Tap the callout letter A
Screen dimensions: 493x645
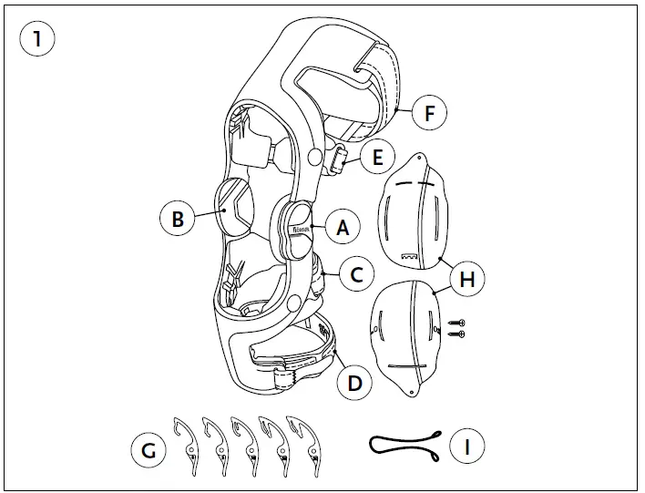click(343, 228)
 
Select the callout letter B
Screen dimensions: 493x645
click(178, 219)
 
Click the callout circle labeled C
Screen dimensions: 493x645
click(357, 272)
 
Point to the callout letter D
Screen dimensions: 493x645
click(354, 382)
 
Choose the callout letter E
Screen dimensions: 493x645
click(376, 157)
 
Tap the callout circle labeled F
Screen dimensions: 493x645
click(429, 114)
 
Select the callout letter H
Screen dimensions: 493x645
click(466, 279)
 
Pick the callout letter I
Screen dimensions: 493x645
click(466, 446)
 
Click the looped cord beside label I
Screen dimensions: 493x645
click(405, 444)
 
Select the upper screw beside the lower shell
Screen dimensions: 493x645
click(458, 323)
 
